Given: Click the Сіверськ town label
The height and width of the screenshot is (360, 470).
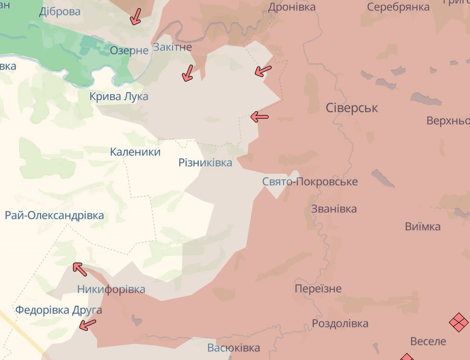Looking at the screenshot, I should tap(351, 108).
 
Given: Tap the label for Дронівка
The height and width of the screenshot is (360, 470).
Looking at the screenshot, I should tap(291, 7).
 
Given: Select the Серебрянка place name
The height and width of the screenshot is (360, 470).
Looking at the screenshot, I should tap(398, 7).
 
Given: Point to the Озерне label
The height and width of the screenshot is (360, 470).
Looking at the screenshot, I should tap(129, 51).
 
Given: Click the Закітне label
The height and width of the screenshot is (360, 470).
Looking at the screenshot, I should tap(172, 47).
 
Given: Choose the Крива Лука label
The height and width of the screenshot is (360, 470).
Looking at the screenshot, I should tap(119, 97).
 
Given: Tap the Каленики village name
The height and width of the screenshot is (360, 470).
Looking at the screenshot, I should tap(135, 152).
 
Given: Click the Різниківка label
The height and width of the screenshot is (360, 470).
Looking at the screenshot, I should tap(205, 163).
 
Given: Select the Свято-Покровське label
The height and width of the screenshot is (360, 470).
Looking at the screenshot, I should tap(310, 182).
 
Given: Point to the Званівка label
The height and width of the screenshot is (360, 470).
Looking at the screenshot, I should tap(334, 209).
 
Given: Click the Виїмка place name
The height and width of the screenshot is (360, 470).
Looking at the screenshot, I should tap(423, 226).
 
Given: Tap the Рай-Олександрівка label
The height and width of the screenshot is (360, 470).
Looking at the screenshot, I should tap(54, 216).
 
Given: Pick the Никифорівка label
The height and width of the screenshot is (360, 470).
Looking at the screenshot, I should tap(111, 289).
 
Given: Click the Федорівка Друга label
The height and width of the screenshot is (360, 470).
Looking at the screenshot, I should tap(59, 310).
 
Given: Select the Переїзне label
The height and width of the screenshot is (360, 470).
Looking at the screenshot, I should tap(318, 289).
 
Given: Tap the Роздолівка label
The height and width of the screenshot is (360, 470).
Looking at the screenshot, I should tap(340, 324).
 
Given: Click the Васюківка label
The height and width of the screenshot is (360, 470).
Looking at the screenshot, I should tap(233, 348).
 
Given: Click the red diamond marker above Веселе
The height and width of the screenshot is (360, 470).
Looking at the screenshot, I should tap(459, 322).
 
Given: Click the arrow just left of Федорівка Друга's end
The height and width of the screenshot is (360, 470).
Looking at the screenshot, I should tap(88, 325).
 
